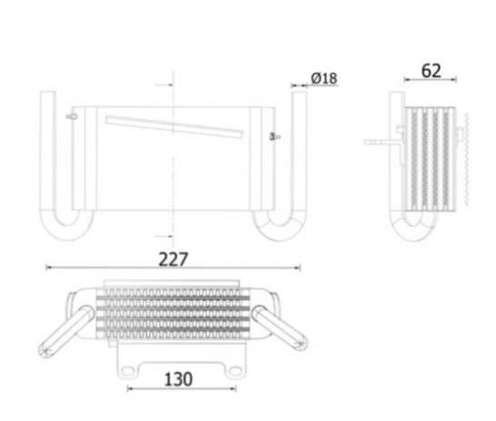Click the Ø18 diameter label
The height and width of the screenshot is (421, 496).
pos(323,79)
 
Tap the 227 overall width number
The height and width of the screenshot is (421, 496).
pos(173,259)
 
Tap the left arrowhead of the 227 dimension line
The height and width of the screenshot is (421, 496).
pos(49,268)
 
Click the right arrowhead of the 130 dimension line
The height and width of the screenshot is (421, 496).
pos(234,388)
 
